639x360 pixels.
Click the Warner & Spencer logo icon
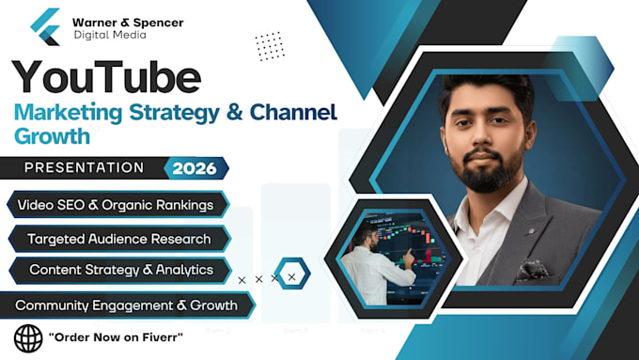point(45,26)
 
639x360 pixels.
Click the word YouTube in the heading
point(106,77)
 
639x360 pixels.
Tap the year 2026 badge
point(195,168)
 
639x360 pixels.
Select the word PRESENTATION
point(84,167)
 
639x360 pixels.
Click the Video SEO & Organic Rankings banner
point(117,205)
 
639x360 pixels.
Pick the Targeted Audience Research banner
point(119,239)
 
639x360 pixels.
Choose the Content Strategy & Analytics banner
point(120,270)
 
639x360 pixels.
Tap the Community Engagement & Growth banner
point(126,305)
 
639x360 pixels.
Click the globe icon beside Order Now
point(28,338)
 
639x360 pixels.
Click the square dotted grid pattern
point(270,46)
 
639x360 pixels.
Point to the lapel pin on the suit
point(531,231)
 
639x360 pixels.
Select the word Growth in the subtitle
point(52,136)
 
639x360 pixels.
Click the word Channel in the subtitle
point(293,112)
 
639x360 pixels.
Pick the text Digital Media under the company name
point(110,35)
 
